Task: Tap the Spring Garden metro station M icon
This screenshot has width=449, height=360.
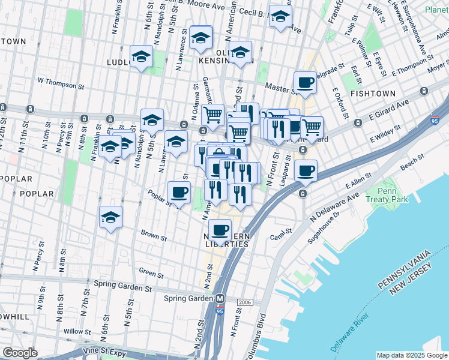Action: [x=220, y=298]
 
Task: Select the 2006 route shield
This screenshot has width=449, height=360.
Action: [x=244, y=302]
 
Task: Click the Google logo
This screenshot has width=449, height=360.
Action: [x=20, y=353]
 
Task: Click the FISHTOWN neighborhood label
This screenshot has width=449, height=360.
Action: [x=373, y=94]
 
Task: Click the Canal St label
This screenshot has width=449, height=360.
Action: [x=280, y=230]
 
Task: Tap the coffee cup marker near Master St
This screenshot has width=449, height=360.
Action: [x=305, y=82]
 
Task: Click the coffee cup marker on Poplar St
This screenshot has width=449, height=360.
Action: [x=179, y=192]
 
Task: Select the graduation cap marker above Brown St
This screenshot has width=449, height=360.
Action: [x=111, y=217]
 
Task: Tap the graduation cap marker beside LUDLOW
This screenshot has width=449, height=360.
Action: [x=141, y=56]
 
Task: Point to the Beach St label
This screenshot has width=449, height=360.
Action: [x=412, y=163]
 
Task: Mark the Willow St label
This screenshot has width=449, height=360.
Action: [x=77, y=331]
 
